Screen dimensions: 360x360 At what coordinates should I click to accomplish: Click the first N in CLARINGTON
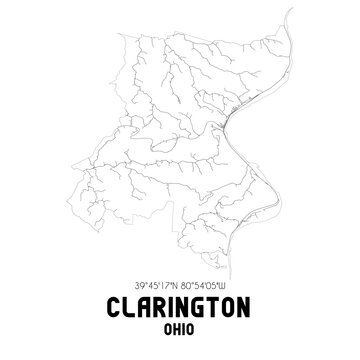pos(181,308)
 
